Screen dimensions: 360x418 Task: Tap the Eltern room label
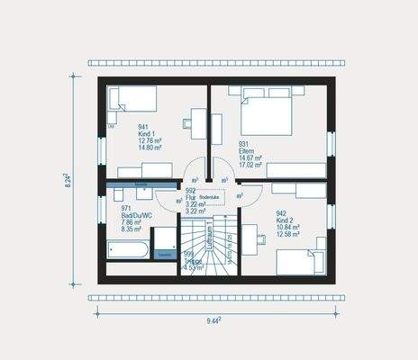pos(246,150)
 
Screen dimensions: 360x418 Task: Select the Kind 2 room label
pos(286,220)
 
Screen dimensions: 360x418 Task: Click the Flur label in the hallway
pos(190,198)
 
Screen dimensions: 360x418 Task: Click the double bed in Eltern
pos(267,112)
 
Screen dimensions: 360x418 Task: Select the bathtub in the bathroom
pos(127,248)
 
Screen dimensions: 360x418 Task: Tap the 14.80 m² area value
pos(150,148)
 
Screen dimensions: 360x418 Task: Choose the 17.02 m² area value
pos(250,165)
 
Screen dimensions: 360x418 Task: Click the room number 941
pos(143,127)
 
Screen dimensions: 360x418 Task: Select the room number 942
pos(282,213)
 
